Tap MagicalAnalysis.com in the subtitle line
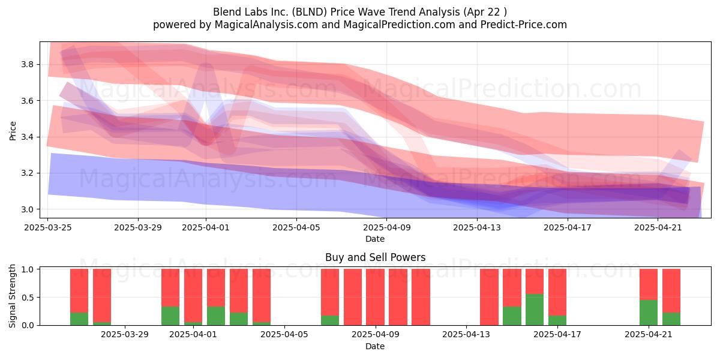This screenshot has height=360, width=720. pos(266,25)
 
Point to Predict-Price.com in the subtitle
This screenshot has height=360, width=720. pos(524,25)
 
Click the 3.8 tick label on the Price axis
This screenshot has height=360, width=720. pos(27,65)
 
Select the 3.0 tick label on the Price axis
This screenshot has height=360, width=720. pos(27,209)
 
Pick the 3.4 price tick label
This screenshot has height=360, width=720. pos(27,137)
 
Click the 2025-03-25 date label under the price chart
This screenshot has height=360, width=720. pos(48,227)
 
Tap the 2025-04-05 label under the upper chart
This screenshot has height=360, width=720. pos(296,227)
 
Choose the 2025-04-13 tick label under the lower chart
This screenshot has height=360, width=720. pos(466,335)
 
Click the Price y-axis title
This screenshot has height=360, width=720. pos(13,131)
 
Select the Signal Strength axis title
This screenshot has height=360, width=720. pos(12,296)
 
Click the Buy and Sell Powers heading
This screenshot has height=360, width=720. pos(375,257)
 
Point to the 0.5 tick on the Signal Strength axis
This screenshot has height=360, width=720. pos(27,298)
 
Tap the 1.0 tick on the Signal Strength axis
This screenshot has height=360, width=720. pos(27,269)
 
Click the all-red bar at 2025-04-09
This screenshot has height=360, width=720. pos(375,297)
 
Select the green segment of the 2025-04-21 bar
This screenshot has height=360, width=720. pos(649,313)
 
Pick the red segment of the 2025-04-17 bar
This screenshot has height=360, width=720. pos(557,293)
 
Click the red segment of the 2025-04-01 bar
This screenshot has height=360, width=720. pos(193,296)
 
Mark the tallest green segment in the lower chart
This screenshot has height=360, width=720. pos(535,310)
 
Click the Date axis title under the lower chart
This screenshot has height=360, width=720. pos(375,346)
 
